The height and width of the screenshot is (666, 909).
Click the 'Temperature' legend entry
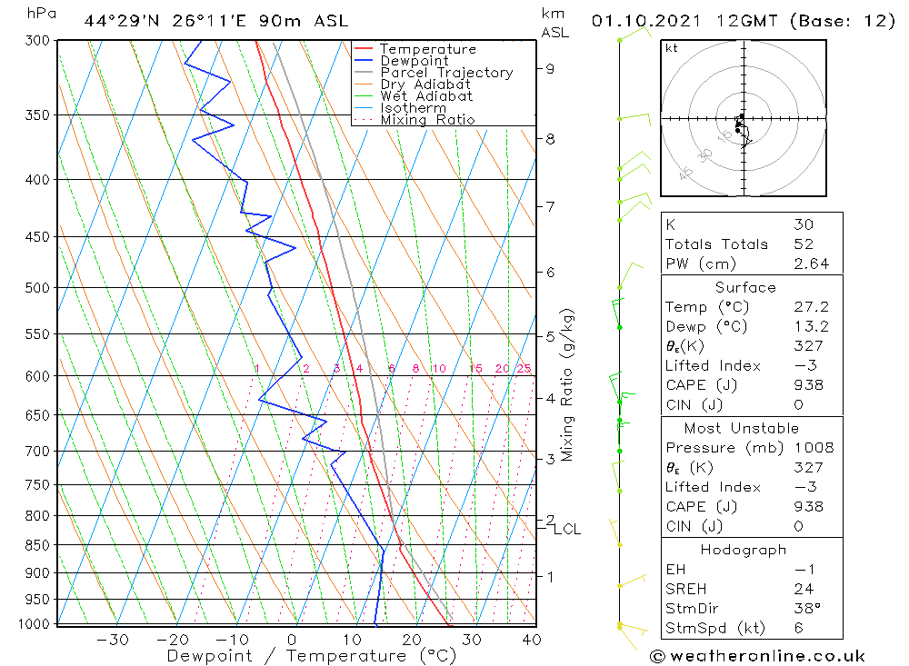(x=427, y=49)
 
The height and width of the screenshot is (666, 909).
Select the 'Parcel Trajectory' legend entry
(x=446, y=73)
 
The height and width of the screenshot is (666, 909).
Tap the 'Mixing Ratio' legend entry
(x=427, y=120)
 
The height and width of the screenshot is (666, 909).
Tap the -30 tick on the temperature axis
(x=113, y=640)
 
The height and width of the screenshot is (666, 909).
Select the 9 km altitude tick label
(x=550, y=68)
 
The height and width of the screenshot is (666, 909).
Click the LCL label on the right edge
(x=567, y=529)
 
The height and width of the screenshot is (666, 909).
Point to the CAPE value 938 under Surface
(x=808, y=385)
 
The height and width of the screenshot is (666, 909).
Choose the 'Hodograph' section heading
(x=744, y=550)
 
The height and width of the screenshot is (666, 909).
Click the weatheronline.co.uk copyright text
(x=757, y=656)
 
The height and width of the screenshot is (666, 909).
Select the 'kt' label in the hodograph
(x=672, y=48)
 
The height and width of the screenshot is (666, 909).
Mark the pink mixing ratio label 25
(x=524, y=368)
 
